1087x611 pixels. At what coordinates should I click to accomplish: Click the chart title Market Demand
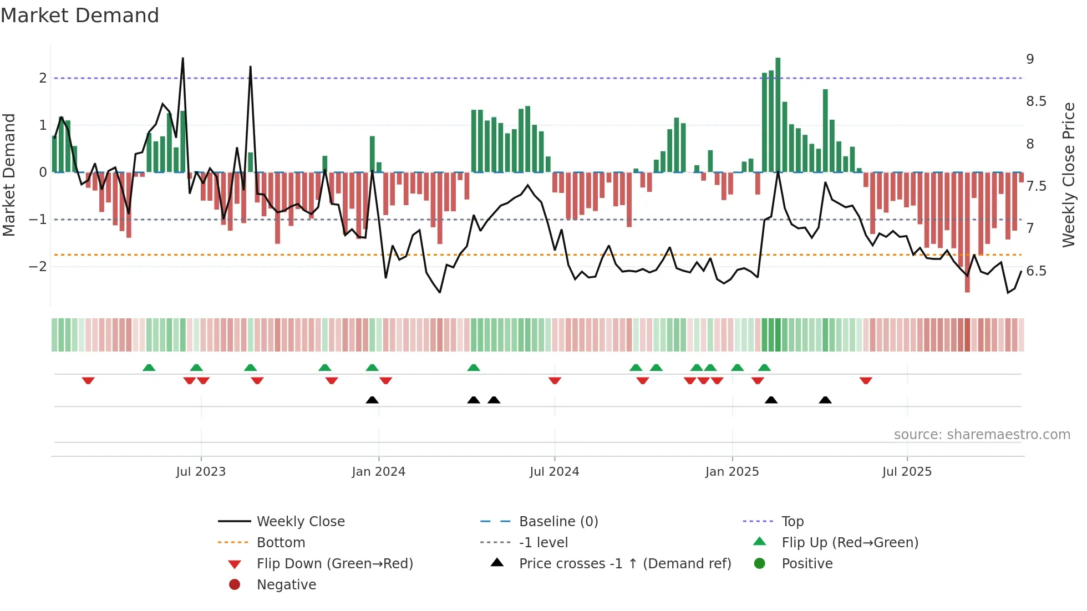coord(80,16)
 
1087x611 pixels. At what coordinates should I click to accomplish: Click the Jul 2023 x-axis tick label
coord(201,472)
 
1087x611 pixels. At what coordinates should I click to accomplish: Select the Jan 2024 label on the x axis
coord(378,472)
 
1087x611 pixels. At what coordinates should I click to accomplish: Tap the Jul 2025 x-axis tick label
coord(907,472)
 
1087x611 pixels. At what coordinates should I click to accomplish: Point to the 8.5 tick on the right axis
coord(1035,101)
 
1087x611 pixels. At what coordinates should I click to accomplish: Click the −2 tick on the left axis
coord(38,267)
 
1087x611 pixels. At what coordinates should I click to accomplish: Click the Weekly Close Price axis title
coord(1068,175)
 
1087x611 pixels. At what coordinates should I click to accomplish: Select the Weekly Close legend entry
coord(300,522)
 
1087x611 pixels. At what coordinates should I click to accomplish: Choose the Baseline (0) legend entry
coord(558,522)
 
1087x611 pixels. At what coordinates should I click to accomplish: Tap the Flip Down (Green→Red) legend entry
coord(334,564)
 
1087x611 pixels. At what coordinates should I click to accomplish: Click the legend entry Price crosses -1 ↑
coord(624,564)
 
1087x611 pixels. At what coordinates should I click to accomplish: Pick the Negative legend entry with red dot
coord(286,585)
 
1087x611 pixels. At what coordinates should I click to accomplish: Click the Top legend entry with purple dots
coord(792,522)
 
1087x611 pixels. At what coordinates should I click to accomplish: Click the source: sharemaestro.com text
coord(982,435)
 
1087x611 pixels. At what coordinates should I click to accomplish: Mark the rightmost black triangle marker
coord(825,400)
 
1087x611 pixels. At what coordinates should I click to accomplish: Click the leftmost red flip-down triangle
coord(88,380)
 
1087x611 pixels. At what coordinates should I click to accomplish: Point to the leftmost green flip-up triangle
coord(149,368)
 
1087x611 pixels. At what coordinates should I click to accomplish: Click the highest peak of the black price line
coord(183,58)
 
